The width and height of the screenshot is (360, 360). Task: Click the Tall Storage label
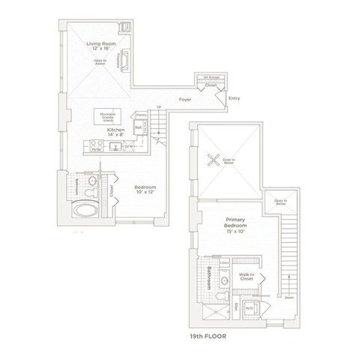click(x=207, y=76)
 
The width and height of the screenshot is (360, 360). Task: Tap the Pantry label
click(x=140, y=115)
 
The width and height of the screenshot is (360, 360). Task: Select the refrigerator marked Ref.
click(x=139, y=128)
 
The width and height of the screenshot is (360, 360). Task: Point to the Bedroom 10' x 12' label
click(x=145, y=189)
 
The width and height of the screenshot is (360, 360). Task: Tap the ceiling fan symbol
click(x=211, y=159)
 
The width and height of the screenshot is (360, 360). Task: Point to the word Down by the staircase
click(x=288, y=298)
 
